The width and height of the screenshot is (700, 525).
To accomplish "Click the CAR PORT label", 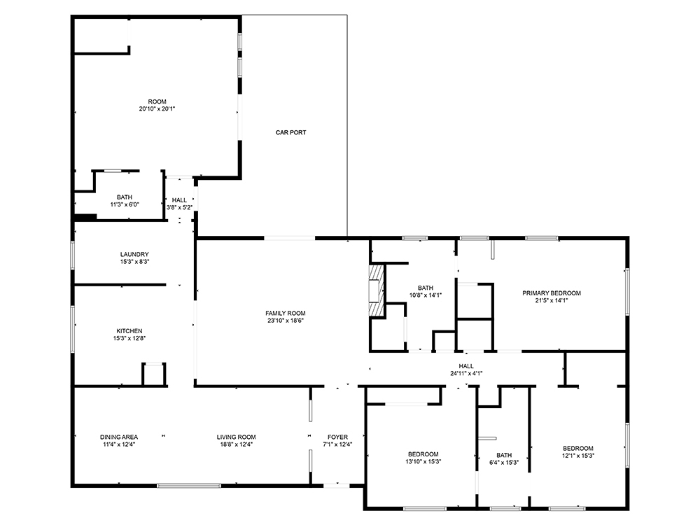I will [290, 132].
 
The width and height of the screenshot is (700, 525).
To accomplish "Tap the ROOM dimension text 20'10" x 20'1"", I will [157, 109].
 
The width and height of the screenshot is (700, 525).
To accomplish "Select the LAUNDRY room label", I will [134, 254].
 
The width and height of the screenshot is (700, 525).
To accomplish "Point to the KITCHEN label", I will [129, 331].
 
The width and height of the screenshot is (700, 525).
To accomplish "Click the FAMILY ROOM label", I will [285, 313].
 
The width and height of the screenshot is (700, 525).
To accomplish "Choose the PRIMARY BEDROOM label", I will [551, 293].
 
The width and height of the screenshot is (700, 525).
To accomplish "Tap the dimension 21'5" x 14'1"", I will [551, 301].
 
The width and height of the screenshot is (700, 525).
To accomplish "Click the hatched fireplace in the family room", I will [377, 290].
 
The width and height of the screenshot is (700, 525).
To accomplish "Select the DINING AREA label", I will [118, 437].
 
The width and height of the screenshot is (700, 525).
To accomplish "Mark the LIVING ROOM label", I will [236, 437].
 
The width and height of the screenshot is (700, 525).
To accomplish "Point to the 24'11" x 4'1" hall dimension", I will [466, 374].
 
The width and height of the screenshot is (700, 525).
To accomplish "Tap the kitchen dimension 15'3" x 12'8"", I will [129, 339].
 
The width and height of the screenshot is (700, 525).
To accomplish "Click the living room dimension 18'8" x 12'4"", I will [236, 444].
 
